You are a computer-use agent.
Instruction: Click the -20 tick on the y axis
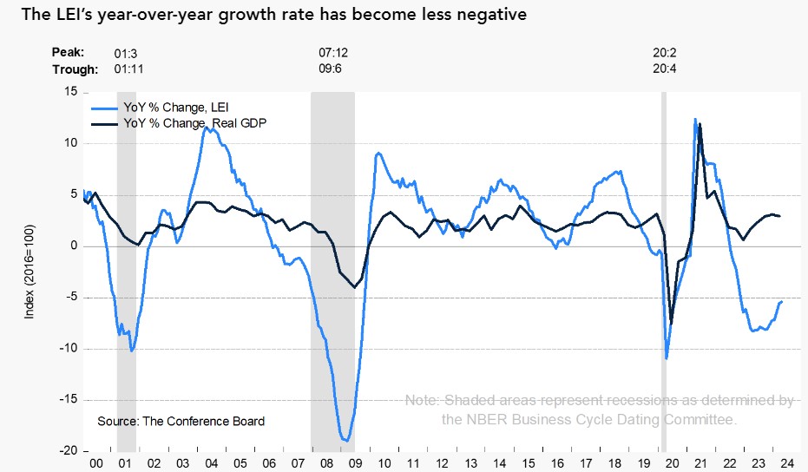coord(69,451)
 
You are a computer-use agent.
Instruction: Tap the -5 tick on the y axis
coord(72,298)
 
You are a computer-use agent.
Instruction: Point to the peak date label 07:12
coord(333,53)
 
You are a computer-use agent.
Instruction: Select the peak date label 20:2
coord(664,53)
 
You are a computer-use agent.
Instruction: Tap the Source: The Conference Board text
coord(181,421)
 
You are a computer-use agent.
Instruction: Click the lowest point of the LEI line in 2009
coord(345,441)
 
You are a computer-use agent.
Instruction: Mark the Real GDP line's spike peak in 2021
coord(700,125)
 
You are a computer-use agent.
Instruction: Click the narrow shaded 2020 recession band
coord(664,260)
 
